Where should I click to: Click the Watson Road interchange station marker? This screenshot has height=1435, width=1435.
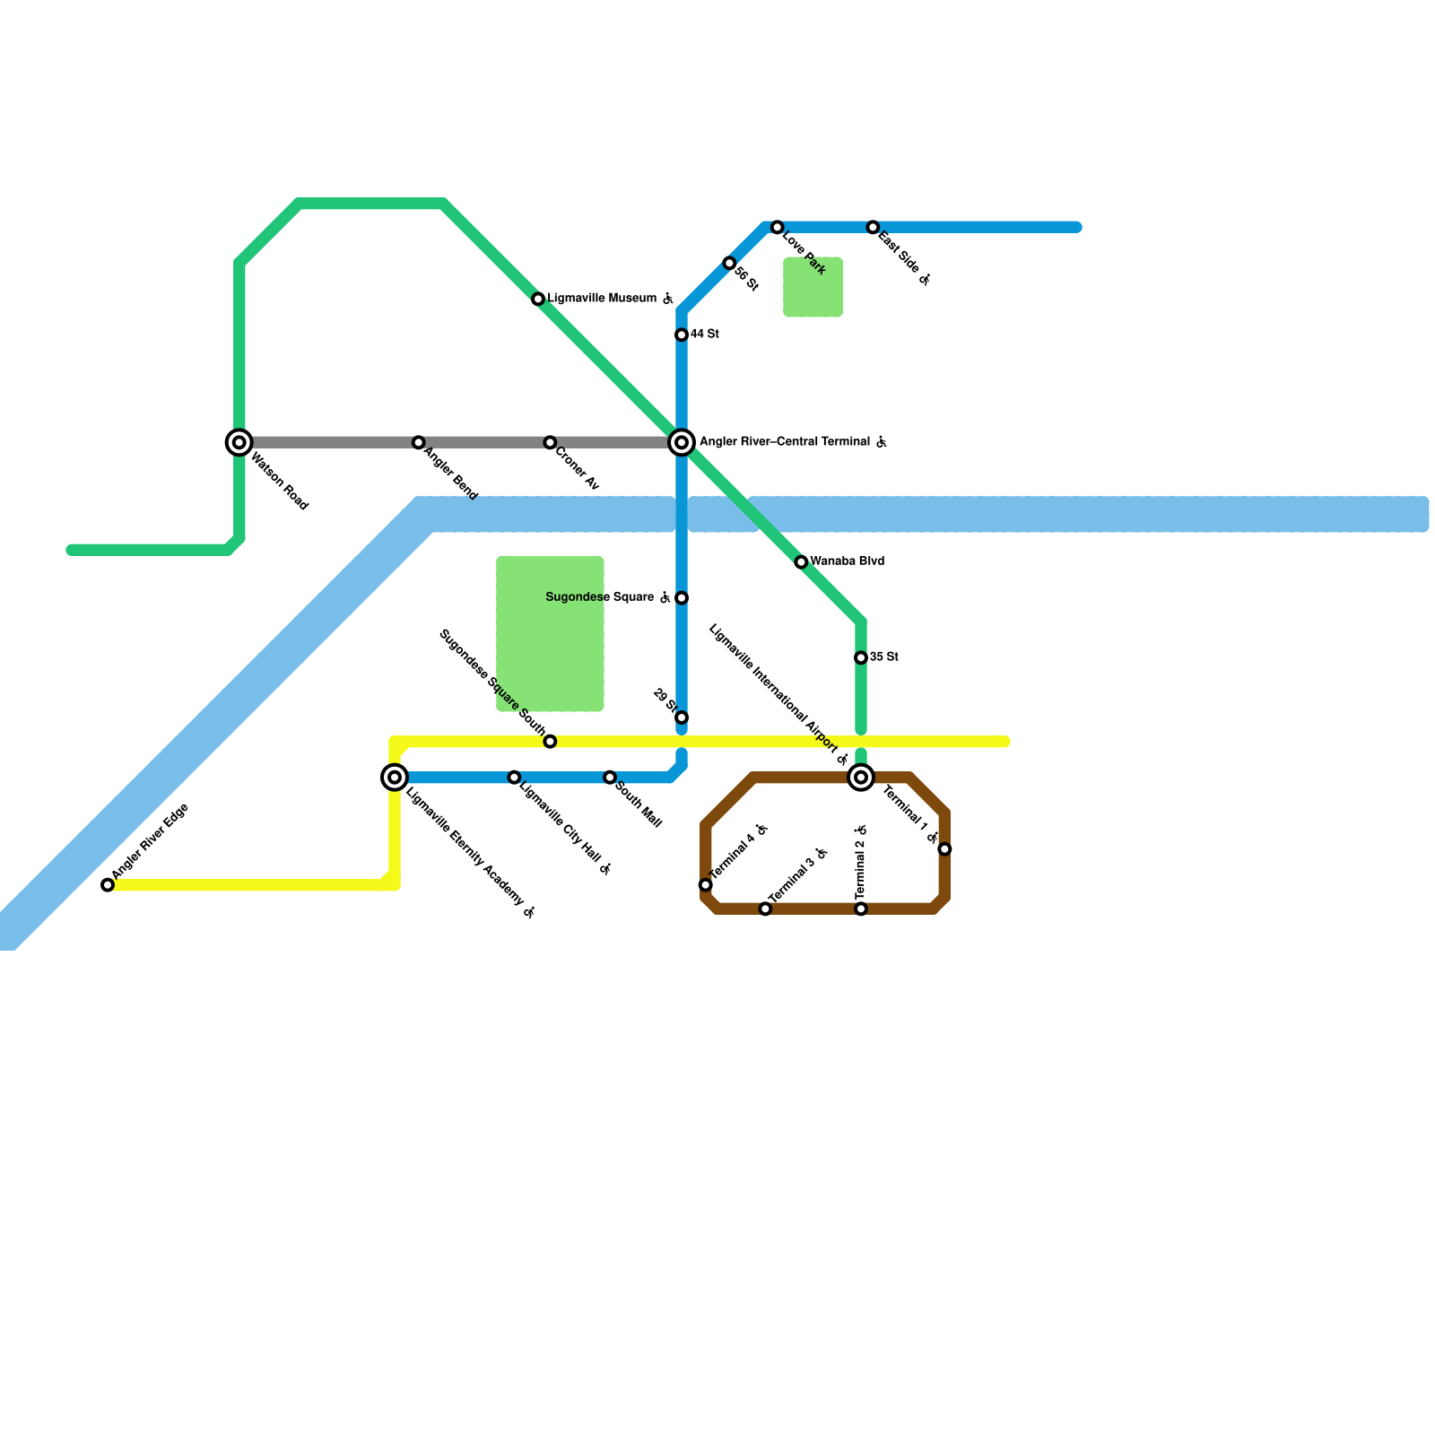239,442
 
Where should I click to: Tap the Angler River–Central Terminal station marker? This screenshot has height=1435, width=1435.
682,442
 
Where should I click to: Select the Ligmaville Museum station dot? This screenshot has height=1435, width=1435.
538,299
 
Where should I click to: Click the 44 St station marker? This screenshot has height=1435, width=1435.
682,335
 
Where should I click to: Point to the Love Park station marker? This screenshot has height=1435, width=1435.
777,227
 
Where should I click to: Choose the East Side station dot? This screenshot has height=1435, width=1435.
873,227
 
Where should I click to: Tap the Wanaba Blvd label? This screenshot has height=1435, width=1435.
847,561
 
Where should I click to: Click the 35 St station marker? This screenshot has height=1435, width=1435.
861,657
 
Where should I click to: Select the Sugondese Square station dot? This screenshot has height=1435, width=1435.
682,597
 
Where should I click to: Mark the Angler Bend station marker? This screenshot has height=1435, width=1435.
418,442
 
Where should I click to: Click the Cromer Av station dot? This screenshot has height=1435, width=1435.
550,442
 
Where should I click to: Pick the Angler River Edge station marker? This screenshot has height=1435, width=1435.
108,885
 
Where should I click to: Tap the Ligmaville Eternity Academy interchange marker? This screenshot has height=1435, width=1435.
395,777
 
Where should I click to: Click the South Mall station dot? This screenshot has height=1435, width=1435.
610,777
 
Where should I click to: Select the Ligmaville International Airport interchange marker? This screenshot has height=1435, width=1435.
861,777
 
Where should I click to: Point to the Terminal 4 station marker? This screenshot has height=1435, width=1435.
706,885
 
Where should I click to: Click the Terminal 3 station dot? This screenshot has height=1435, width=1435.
765,909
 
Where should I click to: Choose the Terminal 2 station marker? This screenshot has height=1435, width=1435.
861,909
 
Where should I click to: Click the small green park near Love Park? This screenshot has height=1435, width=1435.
813,287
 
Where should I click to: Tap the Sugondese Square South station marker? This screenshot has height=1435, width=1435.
550,741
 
